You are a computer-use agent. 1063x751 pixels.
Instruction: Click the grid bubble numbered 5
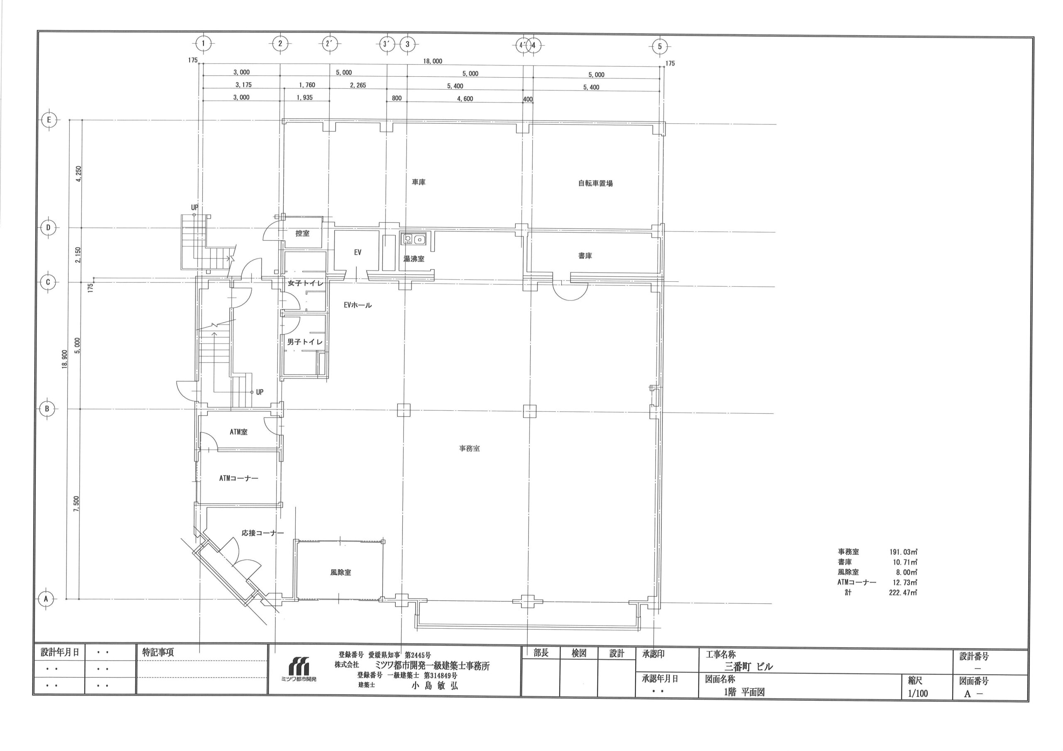pyautogui.click(x=660, y=46)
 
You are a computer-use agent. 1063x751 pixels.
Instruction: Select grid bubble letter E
pyautogui.click(x=49, y=120)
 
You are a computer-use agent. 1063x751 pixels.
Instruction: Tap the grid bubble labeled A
pyautogui.click(x=46, y=599)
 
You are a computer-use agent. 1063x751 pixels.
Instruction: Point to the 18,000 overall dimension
pyautogui.click(x=432, y=61)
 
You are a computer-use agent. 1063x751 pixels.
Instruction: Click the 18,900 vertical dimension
pyautogui.click(x=64, y=358)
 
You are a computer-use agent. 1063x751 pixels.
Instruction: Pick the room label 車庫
pyautogui.click(x=419, y=182)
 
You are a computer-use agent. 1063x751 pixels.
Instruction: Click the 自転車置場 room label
pyautogui.click(x=595, y=183)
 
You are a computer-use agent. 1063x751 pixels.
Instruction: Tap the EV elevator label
pyautogui.click(x=358, y=252)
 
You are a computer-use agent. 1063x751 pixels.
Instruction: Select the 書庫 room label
pyautogui.click(x=585, y=256)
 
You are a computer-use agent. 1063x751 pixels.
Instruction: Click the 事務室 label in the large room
pyautogui.click(x=470, y=449)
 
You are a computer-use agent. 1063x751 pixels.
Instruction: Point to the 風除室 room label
pyautogui.click(x=341, y=573)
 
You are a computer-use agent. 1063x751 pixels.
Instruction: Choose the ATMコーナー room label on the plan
pyautogui.click(x=239, y=478)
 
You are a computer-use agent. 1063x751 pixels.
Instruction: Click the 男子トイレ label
pyautogui.click(x=305, y=342)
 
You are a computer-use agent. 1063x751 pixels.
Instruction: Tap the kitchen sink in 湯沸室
pyautogui.click(x=415, y=239)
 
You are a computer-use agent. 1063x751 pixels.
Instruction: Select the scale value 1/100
pyautogui.click(x=917, y=694)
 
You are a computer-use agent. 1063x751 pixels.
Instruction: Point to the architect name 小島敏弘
pyautogui.click(x=435, y=686)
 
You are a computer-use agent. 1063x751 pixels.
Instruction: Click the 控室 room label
pyautogui.click(x=302, y=234)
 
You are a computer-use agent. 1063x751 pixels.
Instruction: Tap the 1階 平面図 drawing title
pyautogui.click(x=744, y=692)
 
